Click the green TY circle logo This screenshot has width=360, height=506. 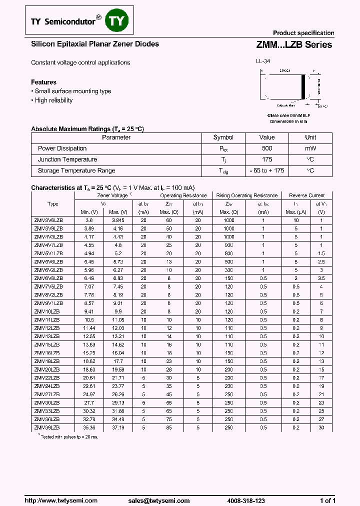(x=119, y=21)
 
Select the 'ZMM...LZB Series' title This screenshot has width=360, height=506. (x=294, y=44)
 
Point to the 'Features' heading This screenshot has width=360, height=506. (x=43, y=82)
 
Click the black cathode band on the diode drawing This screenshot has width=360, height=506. (x=302, y=86)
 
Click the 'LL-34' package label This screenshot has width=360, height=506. (x=263, y=62)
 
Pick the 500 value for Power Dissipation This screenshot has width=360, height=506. (x=267, y=148)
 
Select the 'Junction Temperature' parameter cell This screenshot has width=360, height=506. (x=67, y=159)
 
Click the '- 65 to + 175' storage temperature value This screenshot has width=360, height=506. (x=267, y=170)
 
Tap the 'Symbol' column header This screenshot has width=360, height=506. (x=223, y=137)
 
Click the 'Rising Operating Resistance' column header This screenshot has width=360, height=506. (x=247, y=195)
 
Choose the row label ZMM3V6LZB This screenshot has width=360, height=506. (x=48, y=220)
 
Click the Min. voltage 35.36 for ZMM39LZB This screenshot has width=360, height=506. (x=89, y=428)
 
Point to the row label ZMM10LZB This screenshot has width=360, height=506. (x=47, y=311)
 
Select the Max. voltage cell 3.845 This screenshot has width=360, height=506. (x=118, y=220)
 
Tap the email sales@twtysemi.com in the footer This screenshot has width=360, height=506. (x=158, y=500)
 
